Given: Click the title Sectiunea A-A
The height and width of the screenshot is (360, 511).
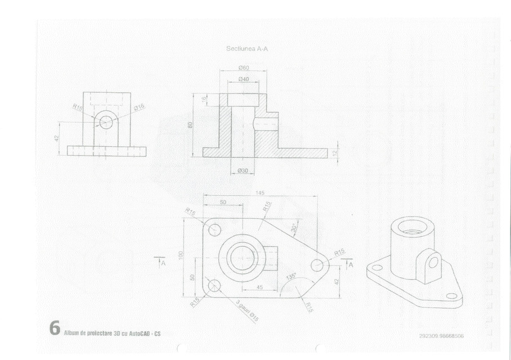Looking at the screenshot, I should click(x=247, y=49).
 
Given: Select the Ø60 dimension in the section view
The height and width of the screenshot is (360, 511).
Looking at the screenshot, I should click(x=244, y=68).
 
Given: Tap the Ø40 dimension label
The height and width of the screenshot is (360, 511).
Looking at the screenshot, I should click(x=244, y=79).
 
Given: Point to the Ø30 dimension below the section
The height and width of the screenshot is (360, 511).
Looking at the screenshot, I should click(x=243, y=170).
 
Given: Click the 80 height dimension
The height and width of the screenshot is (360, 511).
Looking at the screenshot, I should click(x=191, y=125).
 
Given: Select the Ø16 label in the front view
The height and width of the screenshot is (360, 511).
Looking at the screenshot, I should click(x=139, y=106).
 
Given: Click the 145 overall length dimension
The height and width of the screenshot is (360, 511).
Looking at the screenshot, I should click(x=259, y=193).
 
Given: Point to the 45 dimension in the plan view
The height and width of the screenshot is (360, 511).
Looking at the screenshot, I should click(x=259, y=287).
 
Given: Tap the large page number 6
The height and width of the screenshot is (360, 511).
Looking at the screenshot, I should click(x=55, y=328).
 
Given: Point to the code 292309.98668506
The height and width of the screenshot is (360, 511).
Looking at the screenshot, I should click(x=441, y=336).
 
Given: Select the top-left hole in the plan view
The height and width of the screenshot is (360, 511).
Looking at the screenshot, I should click(x=214, y=229).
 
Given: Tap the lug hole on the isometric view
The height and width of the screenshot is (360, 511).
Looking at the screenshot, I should click(x=434, y=263).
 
